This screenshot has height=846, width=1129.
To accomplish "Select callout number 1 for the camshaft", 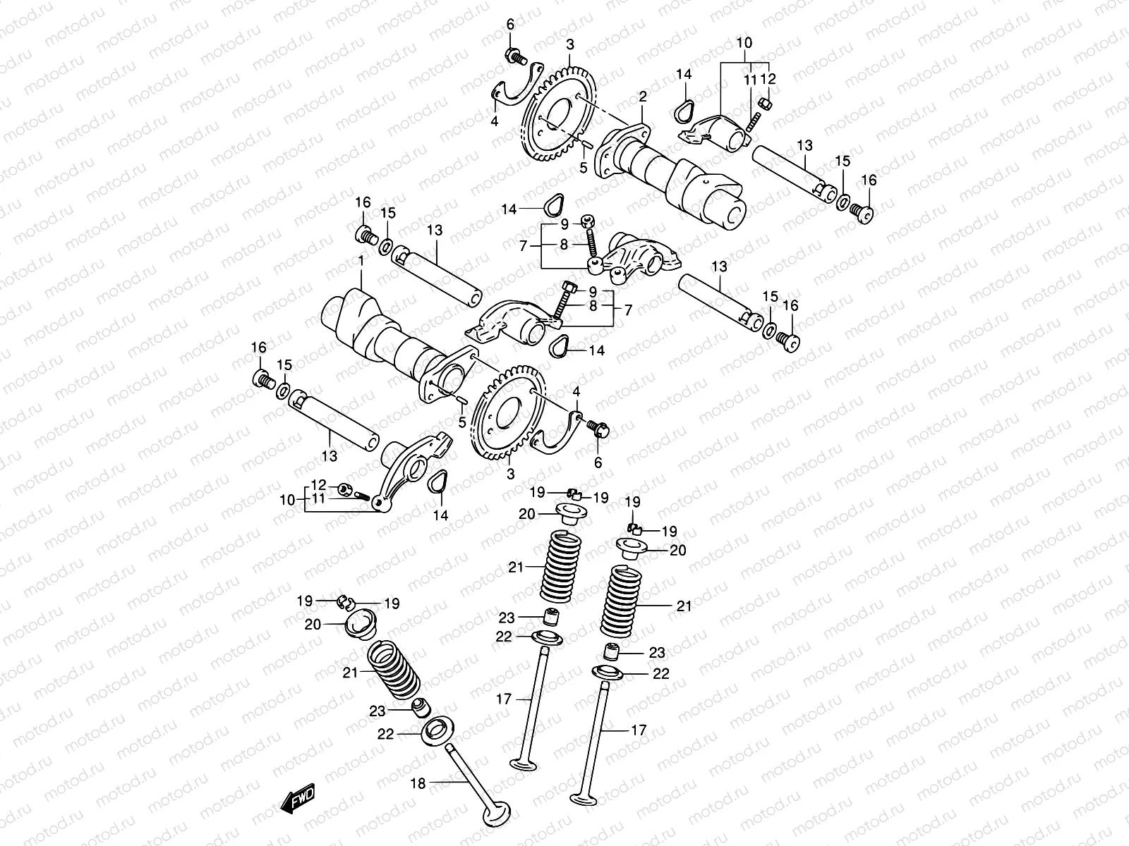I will click(361, 261).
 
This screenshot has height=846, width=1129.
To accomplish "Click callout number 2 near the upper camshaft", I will click(643, 96).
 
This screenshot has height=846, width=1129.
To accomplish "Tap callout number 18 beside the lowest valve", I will click(418, 783).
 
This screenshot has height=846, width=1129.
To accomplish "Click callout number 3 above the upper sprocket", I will click(570, 44).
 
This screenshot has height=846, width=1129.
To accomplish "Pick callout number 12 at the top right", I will click(768, 79).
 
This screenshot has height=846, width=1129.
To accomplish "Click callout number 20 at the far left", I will click(313, 624).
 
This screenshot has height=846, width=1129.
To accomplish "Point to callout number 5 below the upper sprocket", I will click(584, 168).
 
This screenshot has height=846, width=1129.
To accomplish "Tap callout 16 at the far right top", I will click(869, 180).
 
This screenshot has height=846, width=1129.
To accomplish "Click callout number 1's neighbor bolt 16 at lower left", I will click(262, 380).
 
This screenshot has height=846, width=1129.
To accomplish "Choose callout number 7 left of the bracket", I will click(523, 246).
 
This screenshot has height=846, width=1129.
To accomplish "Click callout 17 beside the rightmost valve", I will click(638, 730).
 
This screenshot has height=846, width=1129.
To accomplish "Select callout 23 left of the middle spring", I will click(507, 618).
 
